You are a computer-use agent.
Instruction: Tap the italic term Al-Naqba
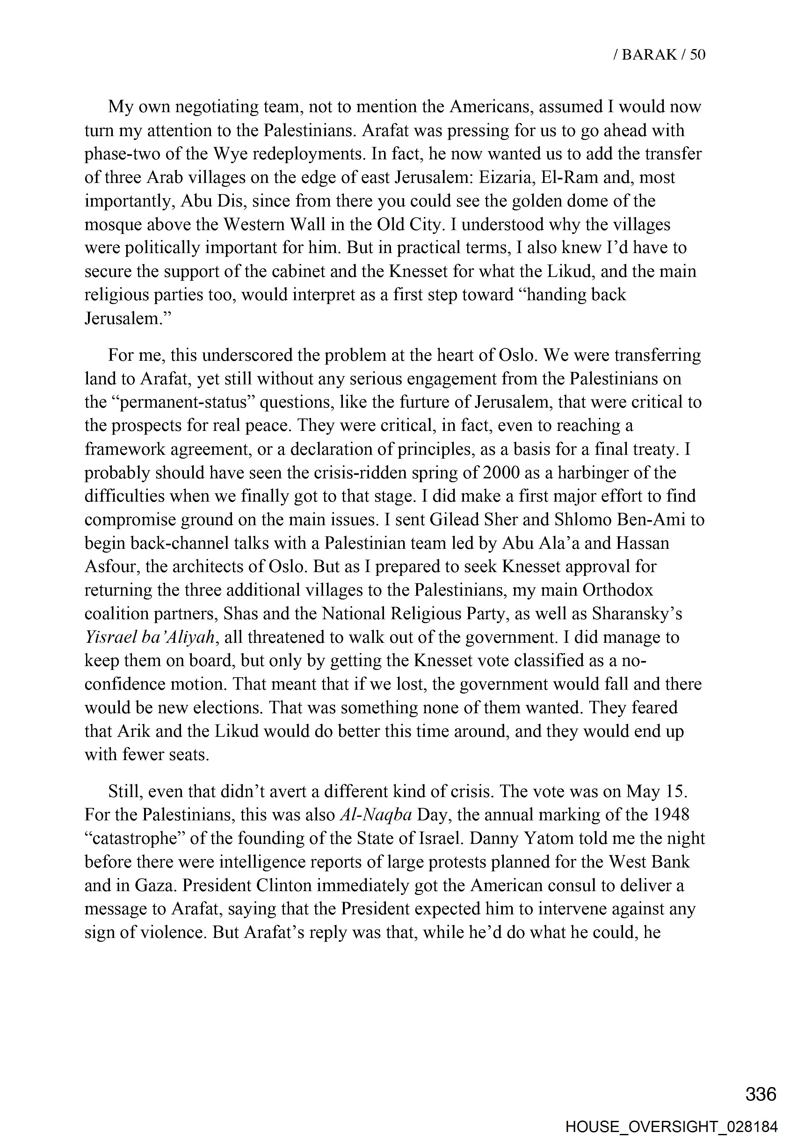click(376, 815)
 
